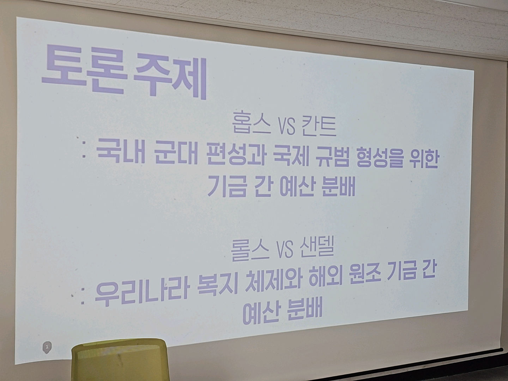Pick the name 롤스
click(250, 251)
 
